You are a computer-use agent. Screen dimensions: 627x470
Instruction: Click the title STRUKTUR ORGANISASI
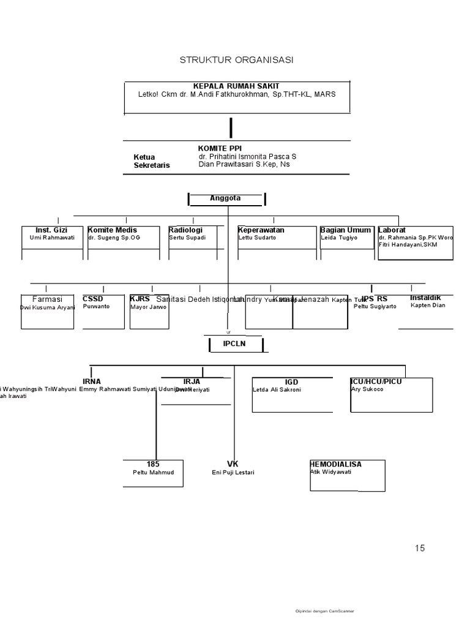click(x=236, y=60)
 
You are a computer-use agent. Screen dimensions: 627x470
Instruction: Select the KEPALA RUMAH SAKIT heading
click(x=236, y=86)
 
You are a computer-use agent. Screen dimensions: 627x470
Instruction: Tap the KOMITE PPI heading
click(x=220, y=148)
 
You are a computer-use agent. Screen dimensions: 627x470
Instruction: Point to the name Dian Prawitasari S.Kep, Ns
click(x=244, y=165)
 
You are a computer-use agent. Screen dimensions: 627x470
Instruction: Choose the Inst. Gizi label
click(x=52, y=230)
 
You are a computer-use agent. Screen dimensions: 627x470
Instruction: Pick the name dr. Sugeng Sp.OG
click(x=114, y=238)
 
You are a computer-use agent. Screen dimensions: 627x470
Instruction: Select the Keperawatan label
click(x=261, y=230)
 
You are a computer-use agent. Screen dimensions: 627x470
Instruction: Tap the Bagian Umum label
click(x=345, y=230)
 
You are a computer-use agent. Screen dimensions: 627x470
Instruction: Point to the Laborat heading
click(x=393, y=230)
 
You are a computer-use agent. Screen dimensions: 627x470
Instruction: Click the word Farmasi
click(x=47, y=299)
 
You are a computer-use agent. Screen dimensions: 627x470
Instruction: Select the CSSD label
click(x=93, y=299)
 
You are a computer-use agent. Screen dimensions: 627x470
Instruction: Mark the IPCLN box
click(x=234, y=345)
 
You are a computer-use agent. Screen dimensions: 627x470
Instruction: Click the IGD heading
click(x=291, y=382)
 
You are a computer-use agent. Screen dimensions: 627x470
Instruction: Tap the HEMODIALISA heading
click(x=336, y=464)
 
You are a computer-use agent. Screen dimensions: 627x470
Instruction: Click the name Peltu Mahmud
click(x=154, y=473)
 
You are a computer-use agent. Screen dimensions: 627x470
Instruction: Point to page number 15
click(x=419, y=548)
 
